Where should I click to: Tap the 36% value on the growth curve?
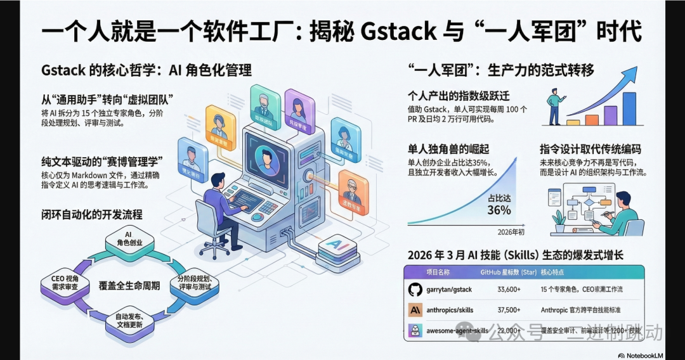(x=499, y=209)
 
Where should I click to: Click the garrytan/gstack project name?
(x=448, y=290)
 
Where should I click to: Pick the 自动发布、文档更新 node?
(x=128, y=321)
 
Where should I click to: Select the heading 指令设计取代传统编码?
(x=590, y=150)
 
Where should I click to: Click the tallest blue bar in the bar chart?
(x=629, y=109)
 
